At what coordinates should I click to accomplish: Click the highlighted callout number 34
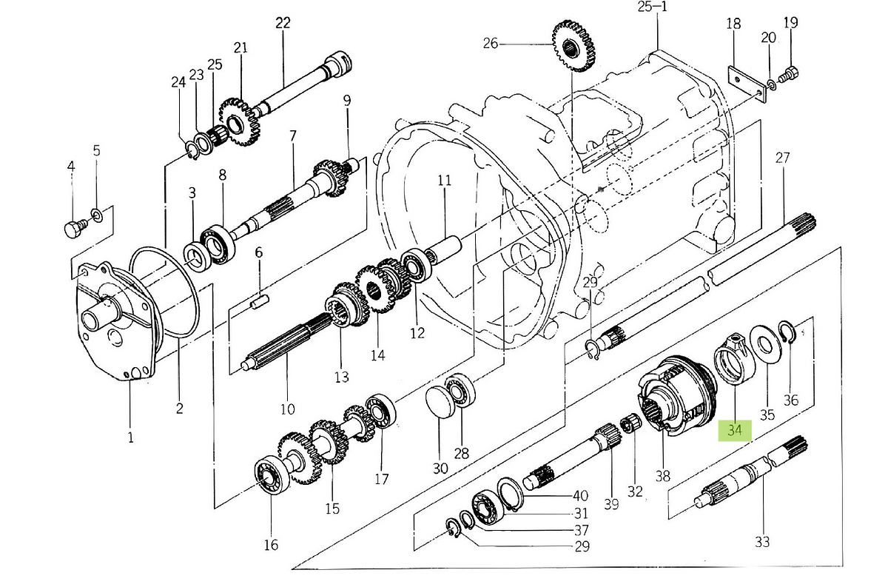click(734, 430)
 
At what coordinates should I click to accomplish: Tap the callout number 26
click(491, 44)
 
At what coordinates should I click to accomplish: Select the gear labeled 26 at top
click(573, 47)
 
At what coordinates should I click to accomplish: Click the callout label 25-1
click(652, 7)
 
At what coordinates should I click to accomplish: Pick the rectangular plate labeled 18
click(745, 83)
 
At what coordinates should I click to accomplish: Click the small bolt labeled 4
click(73, 230)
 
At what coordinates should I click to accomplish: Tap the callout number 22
click(283, 22)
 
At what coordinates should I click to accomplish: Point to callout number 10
click(287, 409)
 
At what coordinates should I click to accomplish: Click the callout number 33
click(762, 542)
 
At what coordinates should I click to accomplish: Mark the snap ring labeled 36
click(790, 332)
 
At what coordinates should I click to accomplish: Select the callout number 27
click(783, 158)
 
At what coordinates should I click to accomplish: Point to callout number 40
click(581, 496)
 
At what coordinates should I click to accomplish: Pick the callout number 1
click(130, 437)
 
